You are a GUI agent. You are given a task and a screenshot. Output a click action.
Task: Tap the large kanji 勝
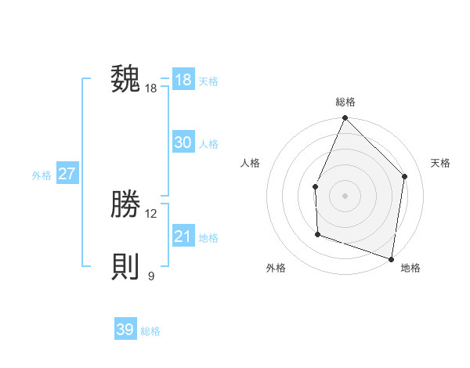click(x=125, y=204)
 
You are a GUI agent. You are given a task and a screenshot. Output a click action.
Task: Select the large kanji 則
click(x=125, y=267)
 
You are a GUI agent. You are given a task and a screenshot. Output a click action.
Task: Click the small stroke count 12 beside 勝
click(x=151, y=214)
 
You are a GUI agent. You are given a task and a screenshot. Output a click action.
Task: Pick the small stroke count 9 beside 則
click(x=151, y=276)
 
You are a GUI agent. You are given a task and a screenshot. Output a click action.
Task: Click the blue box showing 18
click(x=183, y=80)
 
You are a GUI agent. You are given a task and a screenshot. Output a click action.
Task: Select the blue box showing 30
click(x=183, y=143)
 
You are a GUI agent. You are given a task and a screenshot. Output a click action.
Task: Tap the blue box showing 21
click(x=183, y=236)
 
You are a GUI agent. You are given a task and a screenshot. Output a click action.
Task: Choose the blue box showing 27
click(x=67, y=174)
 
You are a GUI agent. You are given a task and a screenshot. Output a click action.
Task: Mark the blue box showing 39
click(x=125, y=330)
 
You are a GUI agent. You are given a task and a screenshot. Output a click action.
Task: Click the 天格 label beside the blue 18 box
click(x=208, y=81)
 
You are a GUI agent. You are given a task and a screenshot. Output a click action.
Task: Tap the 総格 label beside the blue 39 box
click(x=150, y=331)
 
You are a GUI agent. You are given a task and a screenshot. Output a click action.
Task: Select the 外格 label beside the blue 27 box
click(x=42, y=175)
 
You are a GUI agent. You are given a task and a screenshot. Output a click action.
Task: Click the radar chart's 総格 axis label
click(x=345, y=102)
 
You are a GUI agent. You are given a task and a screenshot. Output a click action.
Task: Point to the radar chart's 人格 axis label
click(x=251, y=163)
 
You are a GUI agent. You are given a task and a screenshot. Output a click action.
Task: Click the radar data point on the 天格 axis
click(x=405, y=176)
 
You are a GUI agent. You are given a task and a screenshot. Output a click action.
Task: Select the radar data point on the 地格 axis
click(x=391, y=258)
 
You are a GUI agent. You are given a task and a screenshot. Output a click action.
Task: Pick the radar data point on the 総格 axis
click(x=345, y=118)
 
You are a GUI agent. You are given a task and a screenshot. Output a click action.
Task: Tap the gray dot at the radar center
click(x=345, y=195)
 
